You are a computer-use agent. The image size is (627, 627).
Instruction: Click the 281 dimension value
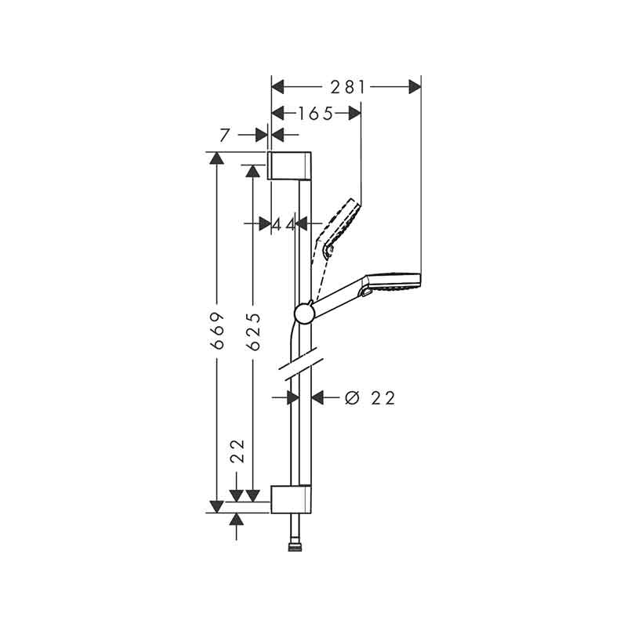(347, 87)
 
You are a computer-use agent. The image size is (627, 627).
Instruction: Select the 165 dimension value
(316, 114)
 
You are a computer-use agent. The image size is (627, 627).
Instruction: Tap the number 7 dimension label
(225, 135)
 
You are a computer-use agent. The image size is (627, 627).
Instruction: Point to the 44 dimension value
(284, 224)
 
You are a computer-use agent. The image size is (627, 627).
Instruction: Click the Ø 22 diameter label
(370, 398)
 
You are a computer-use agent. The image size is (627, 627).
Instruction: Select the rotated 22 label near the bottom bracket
(237, 451)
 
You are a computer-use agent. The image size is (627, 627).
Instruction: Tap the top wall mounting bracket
(289, 165)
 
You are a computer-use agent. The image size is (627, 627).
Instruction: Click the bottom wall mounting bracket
(291, 499)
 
